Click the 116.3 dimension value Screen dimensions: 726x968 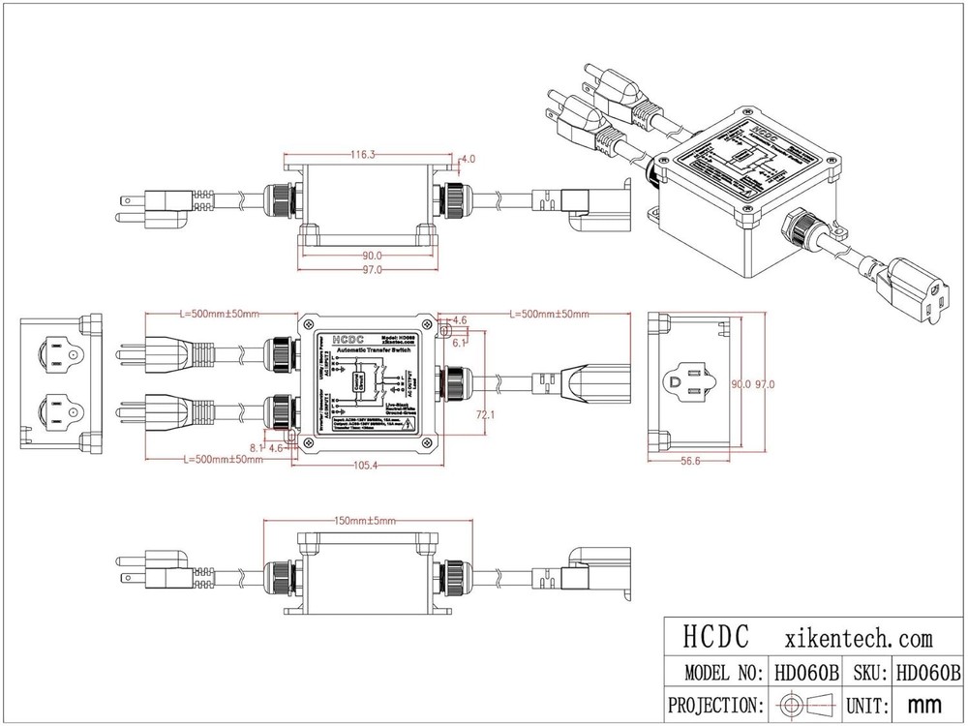pos(363,153)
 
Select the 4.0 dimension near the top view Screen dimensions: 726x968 pos(469,158)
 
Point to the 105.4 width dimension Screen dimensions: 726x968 pos(364,466)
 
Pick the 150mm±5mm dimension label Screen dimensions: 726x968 pos(364,521)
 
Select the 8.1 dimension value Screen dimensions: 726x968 pos(255,447)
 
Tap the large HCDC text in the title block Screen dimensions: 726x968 pos(716,638)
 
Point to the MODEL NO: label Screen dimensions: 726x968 pos(717,672)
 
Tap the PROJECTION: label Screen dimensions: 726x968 pos(717,704)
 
